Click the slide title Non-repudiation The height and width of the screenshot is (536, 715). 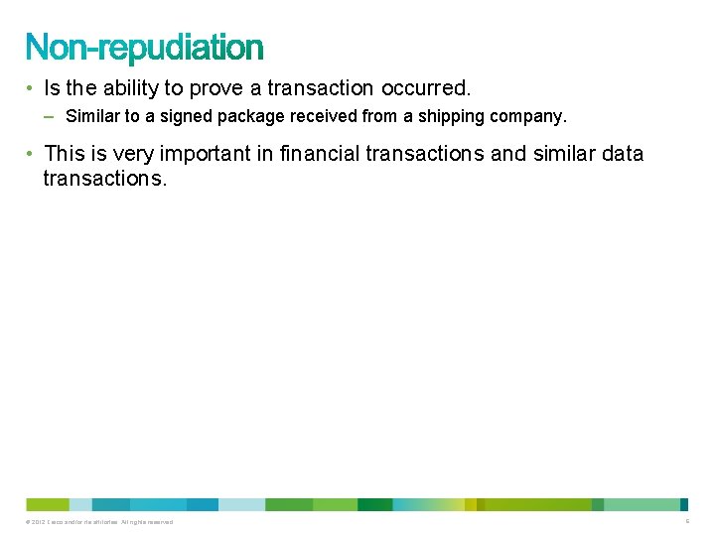tap(145, 47)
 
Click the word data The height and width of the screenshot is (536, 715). tap(622, 154)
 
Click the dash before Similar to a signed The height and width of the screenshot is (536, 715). tap(51, 117)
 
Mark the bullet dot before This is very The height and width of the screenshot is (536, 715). tap(32, 154)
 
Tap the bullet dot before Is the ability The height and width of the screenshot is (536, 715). tap(32, 88)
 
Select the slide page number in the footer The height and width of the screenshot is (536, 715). tap(687, 522)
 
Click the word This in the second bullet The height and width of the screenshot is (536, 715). tap(65, 154)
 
